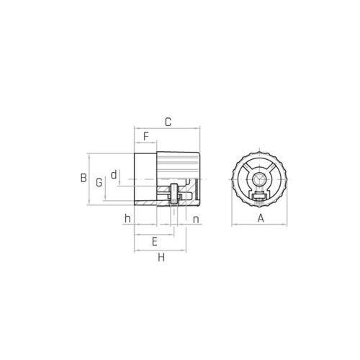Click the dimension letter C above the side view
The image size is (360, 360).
[168, 122]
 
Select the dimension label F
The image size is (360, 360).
[146, 136]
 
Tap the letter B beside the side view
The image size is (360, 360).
[84, 178]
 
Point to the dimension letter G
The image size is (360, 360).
[99, 182]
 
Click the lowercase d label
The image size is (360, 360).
[114, 174]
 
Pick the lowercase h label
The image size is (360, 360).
[127, 219]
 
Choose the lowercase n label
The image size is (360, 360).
[196, 220]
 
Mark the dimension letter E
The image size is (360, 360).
[155, 241]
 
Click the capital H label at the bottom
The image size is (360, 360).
[161, 258]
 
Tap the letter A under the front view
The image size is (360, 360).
[261, 219]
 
